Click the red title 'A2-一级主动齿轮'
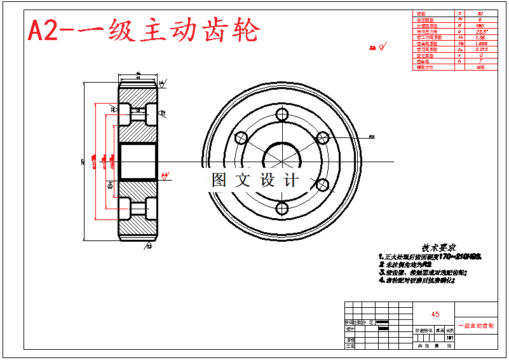144,30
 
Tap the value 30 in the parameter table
480,13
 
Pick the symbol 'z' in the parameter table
459,13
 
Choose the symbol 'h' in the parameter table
459,61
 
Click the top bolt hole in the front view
282,115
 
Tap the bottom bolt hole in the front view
282,208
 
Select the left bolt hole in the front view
241,138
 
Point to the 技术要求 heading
438,247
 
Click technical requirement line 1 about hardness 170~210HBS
430,256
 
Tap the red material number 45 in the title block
435,314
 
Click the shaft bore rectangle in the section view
137,160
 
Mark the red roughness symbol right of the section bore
165,175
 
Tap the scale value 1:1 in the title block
450,338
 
